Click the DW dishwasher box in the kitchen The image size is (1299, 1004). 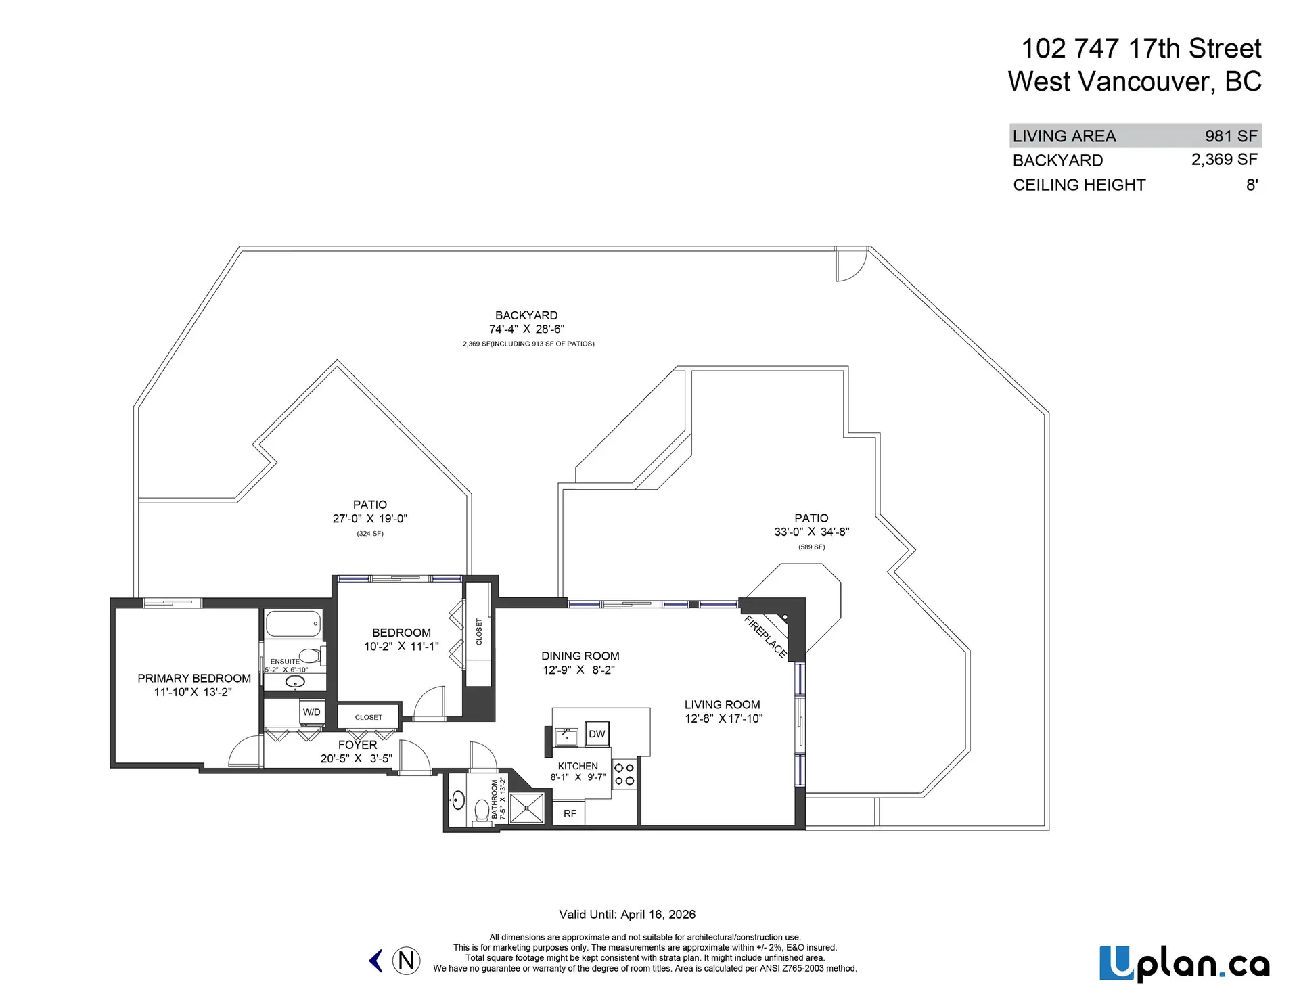pos(597,734)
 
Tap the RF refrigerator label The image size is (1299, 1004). pos(570,813)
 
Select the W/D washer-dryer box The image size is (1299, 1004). pos(312,712)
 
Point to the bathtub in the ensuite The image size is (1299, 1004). pos(293,624)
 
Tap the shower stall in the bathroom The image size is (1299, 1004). pos(526,808)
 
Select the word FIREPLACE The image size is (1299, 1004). pos(765,637)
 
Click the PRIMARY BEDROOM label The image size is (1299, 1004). pos(194,678)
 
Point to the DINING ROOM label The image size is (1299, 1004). pos(580,656)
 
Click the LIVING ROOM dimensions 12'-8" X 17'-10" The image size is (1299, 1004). pos(723,718)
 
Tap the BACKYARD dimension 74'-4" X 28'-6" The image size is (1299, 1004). pos(526,329)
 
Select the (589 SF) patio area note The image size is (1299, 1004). pos(811,547)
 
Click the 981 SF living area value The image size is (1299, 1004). pos(1231,136)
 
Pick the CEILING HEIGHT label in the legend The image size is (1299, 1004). pos(1079,185)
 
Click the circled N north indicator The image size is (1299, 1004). pos(406,961)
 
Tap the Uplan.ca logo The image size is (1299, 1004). pos(1184,964)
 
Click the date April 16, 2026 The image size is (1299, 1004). pos(658,915)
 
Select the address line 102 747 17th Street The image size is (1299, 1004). pos(1141,48)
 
